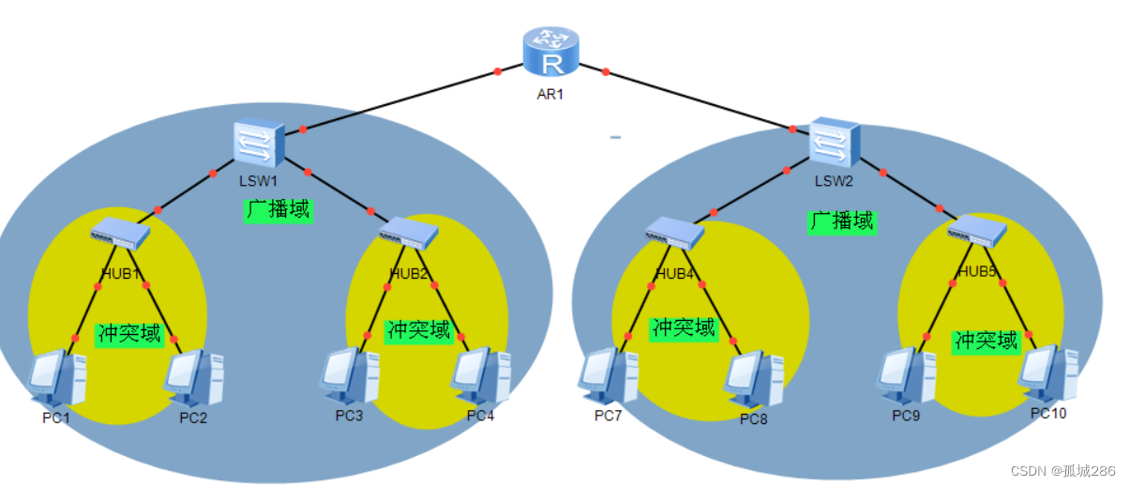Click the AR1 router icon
[x=552, y=53]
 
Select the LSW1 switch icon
[x=259, y=143]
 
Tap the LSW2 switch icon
[x=833, y=142]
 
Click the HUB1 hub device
[x=121, y=234]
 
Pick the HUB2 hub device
[x=409, y=233]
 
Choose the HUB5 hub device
[x=976, y=231]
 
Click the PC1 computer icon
[x=57, y=378]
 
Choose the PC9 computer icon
[x=906, y=374]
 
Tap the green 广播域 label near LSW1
[x=278, y=209]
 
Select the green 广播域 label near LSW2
[x=841, y=220]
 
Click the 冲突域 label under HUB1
[x=129, y=333]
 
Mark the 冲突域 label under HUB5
[x=985, y=341]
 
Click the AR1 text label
[x=550, y=94]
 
